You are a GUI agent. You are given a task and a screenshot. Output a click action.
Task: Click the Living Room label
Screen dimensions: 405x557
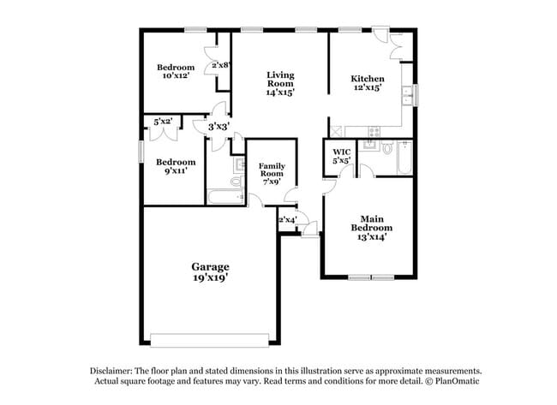coord(279,83)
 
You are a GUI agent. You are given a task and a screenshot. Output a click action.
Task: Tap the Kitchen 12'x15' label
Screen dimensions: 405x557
coord(367,83)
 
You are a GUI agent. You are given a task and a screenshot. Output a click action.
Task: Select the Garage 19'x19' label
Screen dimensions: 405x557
coord(209,272)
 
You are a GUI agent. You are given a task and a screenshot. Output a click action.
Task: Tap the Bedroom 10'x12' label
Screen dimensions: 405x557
coord(175,71)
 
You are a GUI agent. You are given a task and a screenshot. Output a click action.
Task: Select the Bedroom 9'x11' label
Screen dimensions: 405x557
coord(175,166)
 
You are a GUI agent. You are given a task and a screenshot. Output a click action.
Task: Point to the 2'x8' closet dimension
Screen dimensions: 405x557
coord(220,65)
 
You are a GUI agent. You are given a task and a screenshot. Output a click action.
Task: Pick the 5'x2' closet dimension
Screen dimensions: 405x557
coord(163,122)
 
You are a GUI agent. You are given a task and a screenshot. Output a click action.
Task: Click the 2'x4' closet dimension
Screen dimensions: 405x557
coord(287,220)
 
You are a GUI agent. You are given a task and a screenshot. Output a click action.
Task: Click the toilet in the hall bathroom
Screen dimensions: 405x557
coord(236,182)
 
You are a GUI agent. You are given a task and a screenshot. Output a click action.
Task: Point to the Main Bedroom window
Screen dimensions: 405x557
coord(370,277)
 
